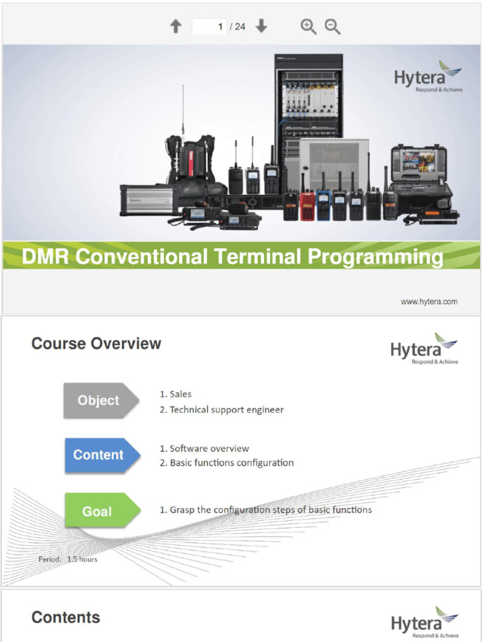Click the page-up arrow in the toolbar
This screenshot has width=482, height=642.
176,26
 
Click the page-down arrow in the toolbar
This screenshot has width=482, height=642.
262,26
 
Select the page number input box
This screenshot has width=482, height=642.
209,26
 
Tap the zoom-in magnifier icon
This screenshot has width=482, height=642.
308,26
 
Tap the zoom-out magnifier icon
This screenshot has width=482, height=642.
332,26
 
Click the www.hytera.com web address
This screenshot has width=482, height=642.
429,302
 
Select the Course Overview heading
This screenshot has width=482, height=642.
96,344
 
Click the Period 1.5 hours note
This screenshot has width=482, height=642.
68,559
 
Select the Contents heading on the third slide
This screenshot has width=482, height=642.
66,618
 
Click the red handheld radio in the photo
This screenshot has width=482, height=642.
308,206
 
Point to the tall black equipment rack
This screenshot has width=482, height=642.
308,107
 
